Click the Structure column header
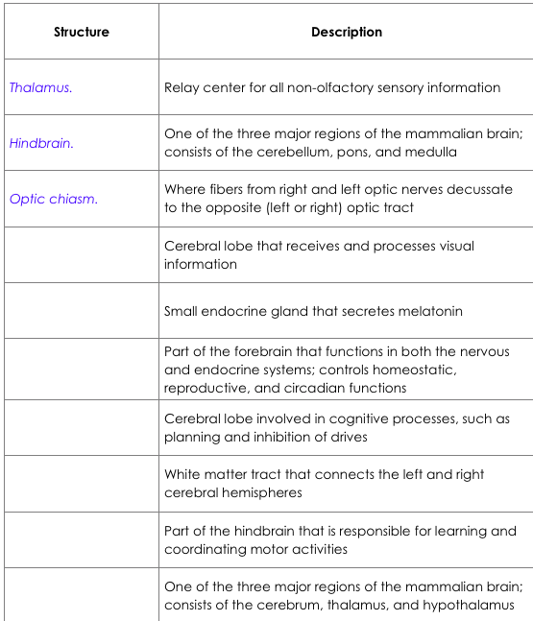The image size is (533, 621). pos(82,32)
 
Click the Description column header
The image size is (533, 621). pos(346,32)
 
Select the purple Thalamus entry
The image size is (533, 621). pos(40,87)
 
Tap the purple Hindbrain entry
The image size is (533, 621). pos(41,143)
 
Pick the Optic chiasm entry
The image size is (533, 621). pos(54,200)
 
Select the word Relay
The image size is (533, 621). pos(182,87)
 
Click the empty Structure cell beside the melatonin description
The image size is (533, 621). pos(82,311)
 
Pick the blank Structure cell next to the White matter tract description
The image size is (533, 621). pos(82,484)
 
